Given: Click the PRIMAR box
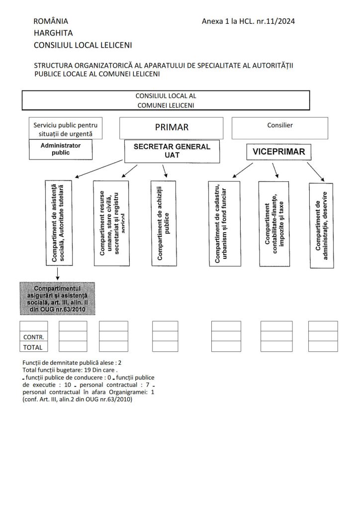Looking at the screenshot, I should (x=172, y=128).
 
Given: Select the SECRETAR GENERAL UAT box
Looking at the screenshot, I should (x=172, y=151).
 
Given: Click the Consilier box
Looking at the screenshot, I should (x=280, y=127).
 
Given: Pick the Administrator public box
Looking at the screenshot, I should (x=61, y=149).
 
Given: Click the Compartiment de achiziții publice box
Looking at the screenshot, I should (x=164, y=223).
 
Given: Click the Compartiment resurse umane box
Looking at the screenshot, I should (x=113, y=222).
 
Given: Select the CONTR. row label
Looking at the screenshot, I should (x=34, y=337).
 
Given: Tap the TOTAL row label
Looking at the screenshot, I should (x=34, y=347).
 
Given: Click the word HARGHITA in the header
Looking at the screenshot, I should (x=53, y=33).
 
